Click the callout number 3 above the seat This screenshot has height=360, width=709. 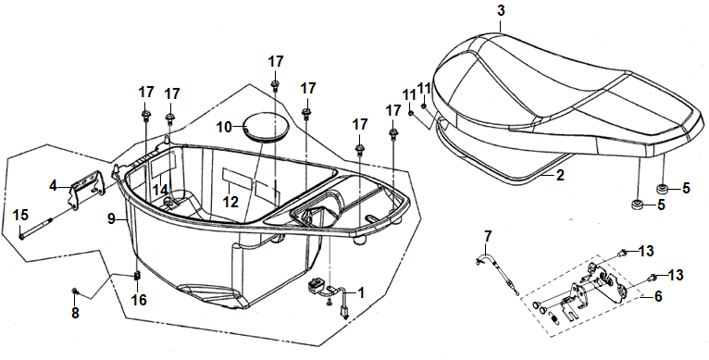(501, 10)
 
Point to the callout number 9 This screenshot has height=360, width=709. (112, 219)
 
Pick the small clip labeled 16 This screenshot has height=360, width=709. (138, 276)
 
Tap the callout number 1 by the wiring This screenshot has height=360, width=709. (360, 292)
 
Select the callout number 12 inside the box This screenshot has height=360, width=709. (230, 202)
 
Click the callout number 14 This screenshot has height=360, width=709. (160, 190)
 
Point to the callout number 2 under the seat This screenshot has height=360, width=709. (560, 176)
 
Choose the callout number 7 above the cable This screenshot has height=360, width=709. (487, 236)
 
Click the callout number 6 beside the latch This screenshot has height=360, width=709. (658, 296)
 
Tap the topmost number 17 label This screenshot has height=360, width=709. (276, 61)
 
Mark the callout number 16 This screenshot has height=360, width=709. (139, 300)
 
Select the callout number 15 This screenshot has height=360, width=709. (20, 216)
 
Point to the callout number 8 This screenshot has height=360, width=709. (75, 312)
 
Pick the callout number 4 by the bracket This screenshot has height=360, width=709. (54, 185)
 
